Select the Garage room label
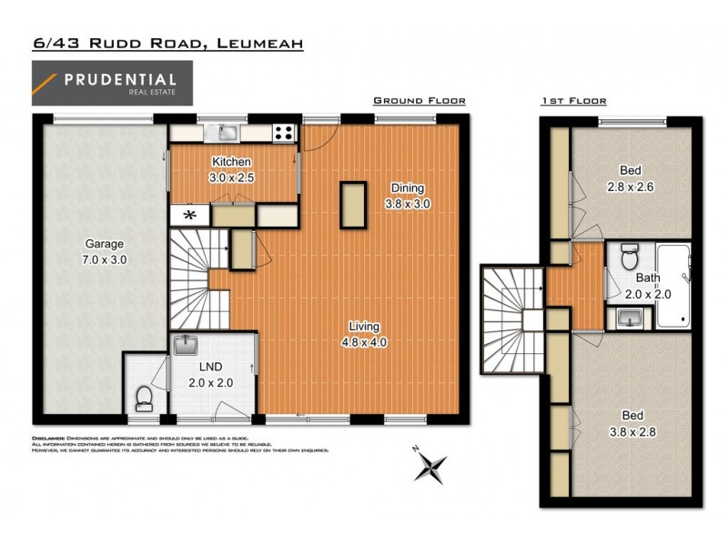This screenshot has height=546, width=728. tap(105, 252)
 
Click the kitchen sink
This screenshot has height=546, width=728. tap(226, 134)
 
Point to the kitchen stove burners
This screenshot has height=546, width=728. tap(284, 134)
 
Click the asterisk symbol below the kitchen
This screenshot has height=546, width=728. tap(190, 216)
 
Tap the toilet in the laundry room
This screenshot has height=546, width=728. tap(142, 397)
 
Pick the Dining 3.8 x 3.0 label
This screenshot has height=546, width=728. tap(408, 196)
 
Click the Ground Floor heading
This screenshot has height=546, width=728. tap(420, 101)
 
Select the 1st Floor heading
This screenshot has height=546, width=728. tap(573, 101)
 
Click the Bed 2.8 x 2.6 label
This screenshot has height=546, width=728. tap(630, 178)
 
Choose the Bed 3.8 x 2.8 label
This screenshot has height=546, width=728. tap(630, 427)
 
